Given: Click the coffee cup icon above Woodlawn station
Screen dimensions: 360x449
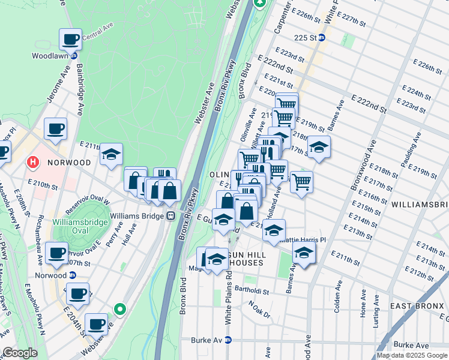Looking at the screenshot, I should click(70, 40).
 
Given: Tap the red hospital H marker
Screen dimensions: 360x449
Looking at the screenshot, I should click(32, 162).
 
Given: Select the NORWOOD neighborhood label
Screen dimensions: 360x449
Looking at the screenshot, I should click(69, 162).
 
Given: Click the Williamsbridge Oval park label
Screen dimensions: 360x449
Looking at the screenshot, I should click(79, 227).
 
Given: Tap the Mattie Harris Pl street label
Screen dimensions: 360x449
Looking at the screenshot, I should click(303, 239).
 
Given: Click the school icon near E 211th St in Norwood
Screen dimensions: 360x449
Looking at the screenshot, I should click(111, 155).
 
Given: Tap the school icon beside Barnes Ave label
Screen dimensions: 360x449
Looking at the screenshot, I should click(319, 147).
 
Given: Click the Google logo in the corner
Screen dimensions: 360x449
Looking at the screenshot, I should click(20, 353).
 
